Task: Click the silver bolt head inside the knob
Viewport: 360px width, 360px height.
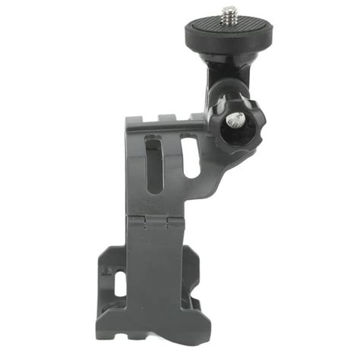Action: coord(236,119)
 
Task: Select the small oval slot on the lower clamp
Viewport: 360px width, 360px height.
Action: coord(120,283)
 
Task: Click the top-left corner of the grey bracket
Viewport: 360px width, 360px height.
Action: coord(128,120)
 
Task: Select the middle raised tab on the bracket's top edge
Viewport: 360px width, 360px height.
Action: coord(169,116)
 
